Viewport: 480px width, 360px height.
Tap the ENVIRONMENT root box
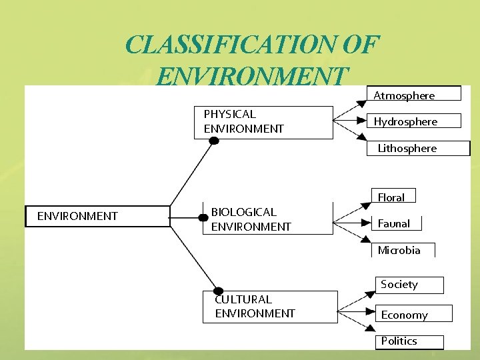[x=97, y=216]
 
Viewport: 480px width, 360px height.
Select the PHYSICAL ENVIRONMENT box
[x=263, y=122]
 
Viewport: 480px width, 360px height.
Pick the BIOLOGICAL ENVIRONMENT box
[x=267, y=219]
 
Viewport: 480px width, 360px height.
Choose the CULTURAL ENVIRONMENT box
[x=270, y=307]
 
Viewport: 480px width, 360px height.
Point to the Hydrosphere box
[x=414, y=121]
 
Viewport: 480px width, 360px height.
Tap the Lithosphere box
[x=419, y=148]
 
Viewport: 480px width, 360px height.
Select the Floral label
[x=393, y=197]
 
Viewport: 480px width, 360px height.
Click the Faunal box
[x=396, y=223]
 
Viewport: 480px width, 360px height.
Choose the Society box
[x=409, y=285]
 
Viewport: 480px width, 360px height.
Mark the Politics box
[x=409, y=341]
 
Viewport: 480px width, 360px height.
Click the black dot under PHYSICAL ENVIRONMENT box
[x=213, y=140]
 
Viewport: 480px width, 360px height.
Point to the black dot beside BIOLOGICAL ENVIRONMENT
[x=204, y=217]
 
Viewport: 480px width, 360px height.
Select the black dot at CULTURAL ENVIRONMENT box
[x=218, y=291]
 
